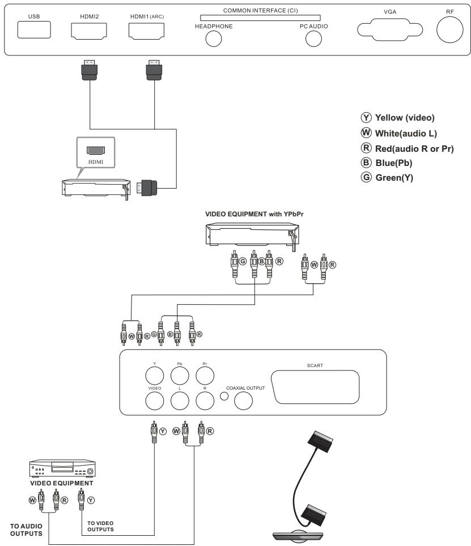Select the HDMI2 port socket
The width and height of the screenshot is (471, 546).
coord(89,31)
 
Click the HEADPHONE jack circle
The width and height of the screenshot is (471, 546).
coord(213,38)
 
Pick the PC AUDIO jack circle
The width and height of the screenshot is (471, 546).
coord(313,38)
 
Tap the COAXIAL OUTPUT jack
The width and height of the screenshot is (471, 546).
coord(243,400)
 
